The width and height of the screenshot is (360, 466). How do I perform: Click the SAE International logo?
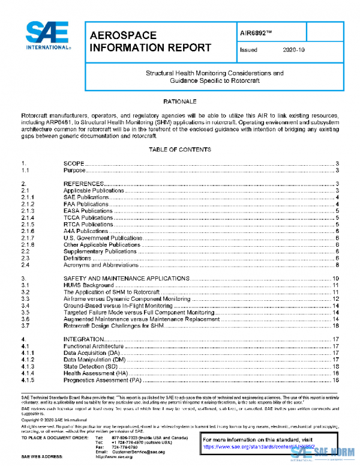[x=47, y=35]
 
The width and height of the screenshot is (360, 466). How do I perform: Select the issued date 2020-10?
[x=293, y=50]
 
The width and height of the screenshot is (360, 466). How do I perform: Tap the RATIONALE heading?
[x=180, y=101]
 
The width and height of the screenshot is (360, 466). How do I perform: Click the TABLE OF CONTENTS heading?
[x=180, y=149]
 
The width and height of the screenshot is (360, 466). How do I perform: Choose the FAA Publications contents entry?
[x=86, y=204]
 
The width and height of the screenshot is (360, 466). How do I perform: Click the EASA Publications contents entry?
[x=88, y=211]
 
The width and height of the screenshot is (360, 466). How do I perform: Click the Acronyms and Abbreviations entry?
[x=101, y=265]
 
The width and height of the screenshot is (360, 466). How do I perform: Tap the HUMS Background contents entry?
[x=88, y=285]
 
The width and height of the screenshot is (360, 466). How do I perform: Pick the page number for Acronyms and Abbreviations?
[x=338, y=265]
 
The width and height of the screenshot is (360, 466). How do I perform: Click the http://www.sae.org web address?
[x=128, y=457]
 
